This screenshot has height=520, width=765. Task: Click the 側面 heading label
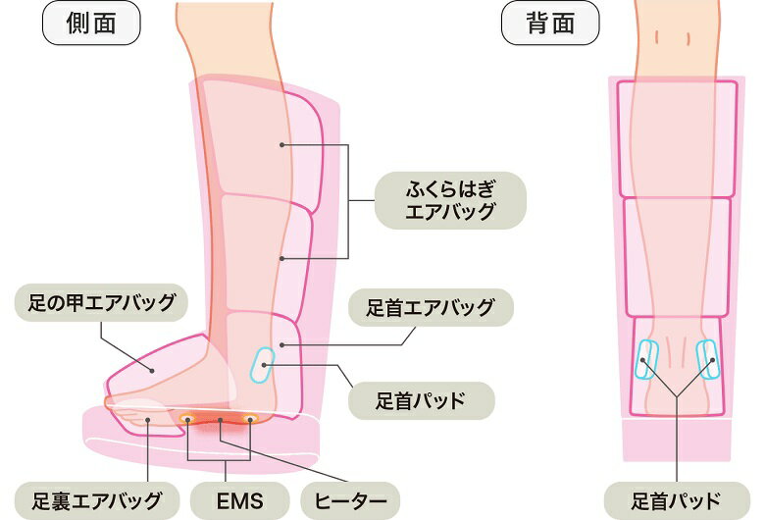pos(91,25)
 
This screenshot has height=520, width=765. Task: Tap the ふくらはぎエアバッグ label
pos(451,198)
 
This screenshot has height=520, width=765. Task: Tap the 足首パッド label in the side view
pos(422,399)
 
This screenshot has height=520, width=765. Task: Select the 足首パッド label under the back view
pos(678,497)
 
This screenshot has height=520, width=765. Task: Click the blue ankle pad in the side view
pos(264,364)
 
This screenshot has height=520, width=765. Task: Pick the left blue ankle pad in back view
pos(646,360)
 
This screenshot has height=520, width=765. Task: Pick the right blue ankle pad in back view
pos(708,359)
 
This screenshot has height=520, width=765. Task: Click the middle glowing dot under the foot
pos(221,422)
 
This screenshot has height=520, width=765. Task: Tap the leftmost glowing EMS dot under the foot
pos(187,421)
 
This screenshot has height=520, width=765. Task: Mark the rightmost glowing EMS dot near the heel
pos(251,420)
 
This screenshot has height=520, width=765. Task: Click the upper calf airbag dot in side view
pos(281,145)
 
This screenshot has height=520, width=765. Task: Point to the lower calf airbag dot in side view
pos(281,258)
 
